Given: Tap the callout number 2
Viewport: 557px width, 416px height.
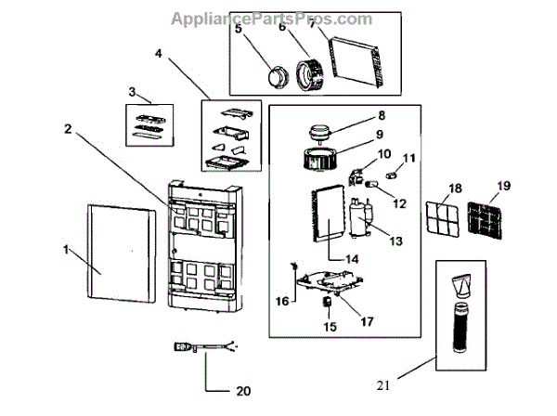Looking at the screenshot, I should [68, 128].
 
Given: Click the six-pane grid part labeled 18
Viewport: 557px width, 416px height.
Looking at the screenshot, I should [442, 216].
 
